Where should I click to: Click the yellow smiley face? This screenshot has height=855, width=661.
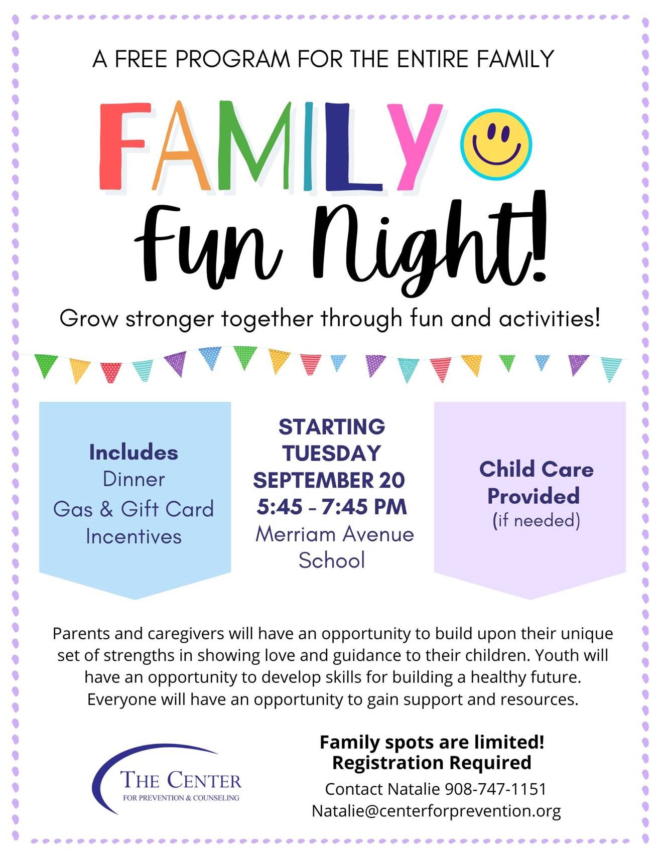[x=495, y=144]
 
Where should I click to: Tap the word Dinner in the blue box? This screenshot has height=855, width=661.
[x=134, y=479]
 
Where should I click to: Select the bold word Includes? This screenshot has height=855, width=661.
[x=134, y=452]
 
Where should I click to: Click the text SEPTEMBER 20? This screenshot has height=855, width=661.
[x=329, y=480]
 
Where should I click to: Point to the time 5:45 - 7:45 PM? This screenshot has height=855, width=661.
[x=331, y=507]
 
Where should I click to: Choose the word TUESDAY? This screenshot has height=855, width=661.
[x=331, y=454]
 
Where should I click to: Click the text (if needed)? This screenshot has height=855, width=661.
[x=536, y=520]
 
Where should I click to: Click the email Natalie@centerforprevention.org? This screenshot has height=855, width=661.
[x=436, y=811]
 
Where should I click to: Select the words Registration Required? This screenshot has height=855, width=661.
[x=432, y=763]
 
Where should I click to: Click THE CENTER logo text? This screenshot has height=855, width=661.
[x=181, y=780]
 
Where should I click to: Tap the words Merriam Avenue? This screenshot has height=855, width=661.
[x=335, y=534]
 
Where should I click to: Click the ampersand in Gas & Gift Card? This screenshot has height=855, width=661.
[x=106, y=509]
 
